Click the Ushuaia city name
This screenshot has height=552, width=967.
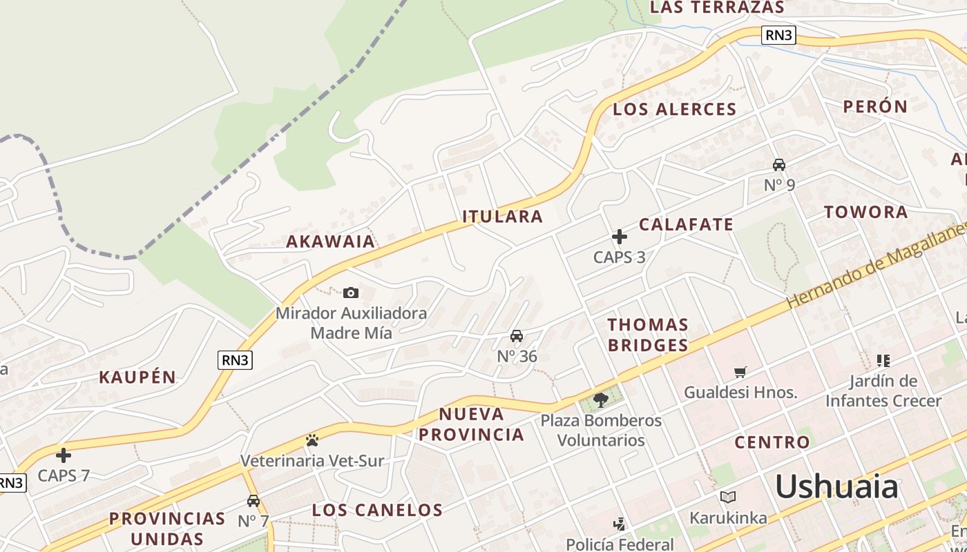(836, 487)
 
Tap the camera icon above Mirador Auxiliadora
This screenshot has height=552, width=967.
(351, 293)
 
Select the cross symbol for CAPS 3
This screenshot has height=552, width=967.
(620, 237)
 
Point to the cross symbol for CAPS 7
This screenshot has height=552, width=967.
(64, 455)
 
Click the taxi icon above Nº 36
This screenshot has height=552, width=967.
(516, 336)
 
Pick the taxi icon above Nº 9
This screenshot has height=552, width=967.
(779, 165)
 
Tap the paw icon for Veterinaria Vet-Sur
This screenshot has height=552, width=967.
(312, 440)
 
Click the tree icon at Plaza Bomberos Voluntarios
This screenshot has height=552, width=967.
(601, 400)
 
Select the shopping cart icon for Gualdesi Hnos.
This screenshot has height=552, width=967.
(740, 373)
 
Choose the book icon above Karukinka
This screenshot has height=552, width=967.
(728, 497)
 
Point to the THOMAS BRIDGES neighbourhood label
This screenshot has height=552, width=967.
(648, 335)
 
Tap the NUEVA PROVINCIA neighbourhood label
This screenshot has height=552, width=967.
(472, 424)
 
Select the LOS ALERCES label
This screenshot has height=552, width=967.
(675, 109)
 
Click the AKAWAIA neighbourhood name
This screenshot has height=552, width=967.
(331, 241)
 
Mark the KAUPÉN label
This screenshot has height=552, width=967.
(137, 377)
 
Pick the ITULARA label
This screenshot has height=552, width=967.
(503, 216)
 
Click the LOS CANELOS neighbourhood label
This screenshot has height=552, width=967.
(377, 510)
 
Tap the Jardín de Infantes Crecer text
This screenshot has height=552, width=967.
(883, 391)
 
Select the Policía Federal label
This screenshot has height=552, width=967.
(620, 544)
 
